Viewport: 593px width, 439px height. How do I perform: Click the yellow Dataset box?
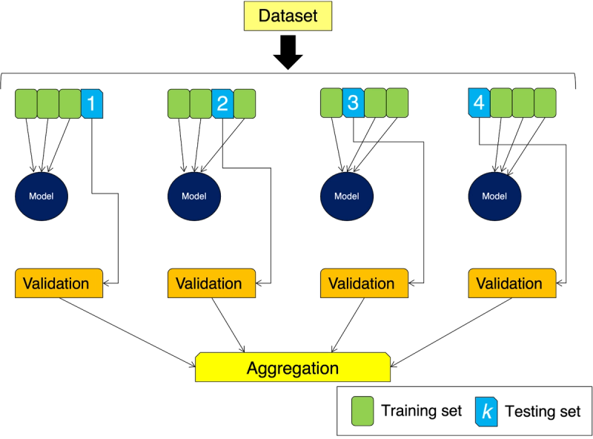pos(288,16)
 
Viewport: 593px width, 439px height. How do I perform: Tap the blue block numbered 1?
pos(91,104)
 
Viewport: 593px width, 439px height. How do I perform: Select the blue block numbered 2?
pos(222,105)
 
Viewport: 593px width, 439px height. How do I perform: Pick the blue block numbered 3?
pos(353,102)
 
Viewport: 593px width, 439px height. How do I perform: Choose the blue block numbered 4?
pos(479,102)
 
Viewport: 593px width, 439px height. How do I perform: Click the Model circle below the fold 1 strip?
pos(42,197)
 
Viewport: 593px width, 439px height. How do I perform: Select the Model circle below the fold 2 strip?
pos(194,197)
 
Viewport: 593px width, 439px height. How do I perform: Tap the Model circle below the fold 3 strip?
pos(347,197)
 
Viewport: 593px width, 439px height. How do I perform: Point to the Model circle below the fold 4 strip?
pos(494,197)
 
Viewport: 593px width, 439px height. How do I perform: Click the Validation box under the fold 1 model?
pos(57,284)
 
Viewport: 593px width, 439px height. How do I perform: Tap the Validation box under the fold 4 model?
pos(511,284)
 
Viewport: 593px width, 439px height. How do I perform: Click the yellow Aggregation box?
pos(292,369)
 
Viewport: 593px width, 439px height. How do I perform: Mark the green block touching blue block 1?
pos(70,104)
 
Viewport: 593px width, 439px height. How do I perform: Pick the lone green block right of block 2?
pos(245,105)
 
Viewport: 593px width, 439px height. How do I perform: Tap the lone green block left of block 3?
pos(331,102)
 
